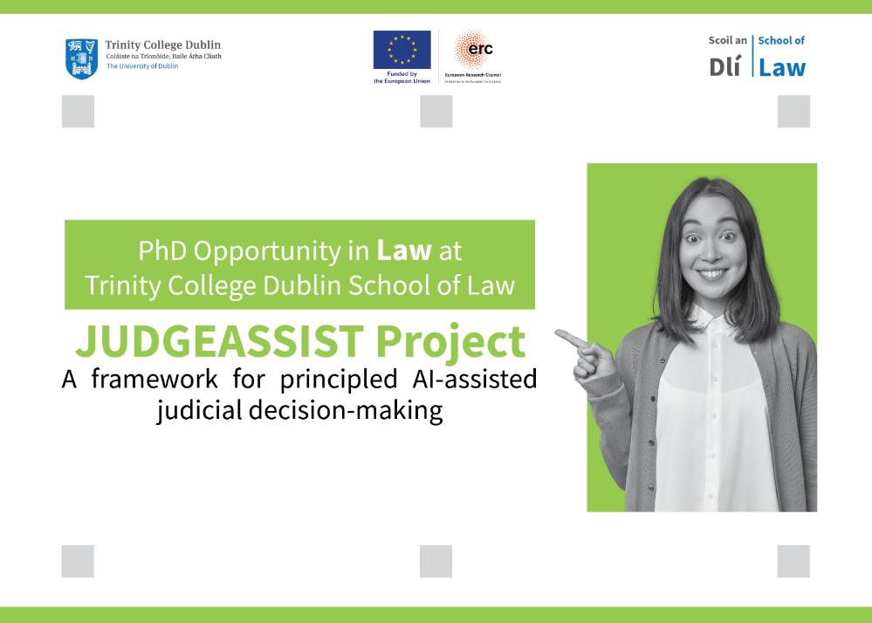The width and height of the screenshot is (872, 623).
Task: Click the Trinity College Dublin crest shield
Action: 81,58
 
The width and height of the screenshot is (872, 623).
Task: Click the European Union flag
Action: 402,50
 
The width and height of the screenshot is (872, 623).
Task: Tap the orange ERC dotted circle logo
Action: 474,49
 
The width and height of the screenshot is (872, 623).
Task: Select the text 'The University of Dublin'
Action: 142,66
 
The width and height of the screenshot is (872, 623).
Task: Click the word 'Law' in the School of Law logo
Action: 782,67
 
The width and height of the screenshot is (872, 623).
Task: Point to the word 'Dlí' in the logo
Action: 724,67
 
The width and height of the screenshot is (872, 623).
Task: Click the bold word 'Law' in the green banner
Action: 404,251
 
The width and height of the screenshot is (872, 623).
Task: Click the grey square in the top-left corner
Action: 78,112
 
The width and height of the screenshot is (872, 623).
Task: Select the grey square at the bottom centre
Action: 436,561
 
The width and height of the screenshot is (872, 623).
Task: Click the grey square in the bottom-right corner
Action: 793,561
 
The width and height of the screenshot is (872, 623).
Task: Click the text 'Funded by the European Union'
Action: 402,78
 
